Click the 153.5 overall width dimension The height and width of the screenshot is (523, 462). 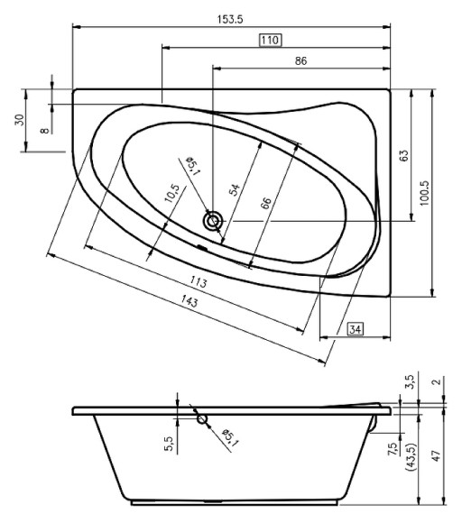click(x=231, y=19)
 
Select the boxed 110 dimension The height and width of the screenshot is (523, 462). click(x=270, y=40)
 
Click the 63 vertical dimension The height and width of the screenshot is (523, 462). click(x=406, y=155)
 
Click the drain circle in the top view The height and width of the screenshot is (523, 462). click(x=212, y=220)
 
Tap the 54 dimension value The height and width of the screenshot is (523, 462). click(x=235, y=188)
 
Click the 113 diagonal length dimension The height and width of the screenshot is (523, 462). click(x=199, y=284)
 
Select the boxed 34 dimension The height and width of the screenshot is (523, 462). click(x=356, y=331)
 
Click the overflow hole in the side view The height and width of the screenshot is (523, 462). click(x=201, y=418)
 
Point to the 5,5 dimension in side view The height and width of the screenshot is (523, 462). click(x=168, y=442)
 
